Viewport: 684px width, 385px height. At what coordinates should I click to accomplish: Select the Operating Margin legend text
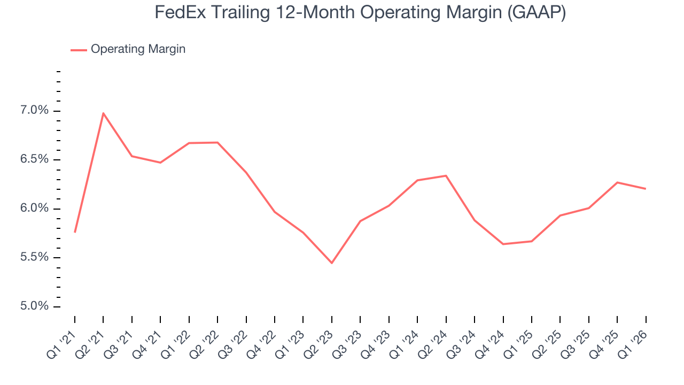(x=138, y=49)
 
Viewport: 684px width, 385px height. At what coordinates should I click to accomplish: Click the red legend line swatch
(x=79, y=50)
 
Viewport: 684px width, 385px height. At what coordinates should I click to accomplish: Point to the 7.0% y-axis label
(x=35, y=111)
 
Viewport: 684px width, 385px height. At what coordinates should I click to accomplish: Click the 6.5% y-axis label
(x=35, y=160)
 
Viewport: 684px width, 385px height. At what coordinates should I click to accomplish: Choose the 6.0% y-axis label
(x=35, y=209)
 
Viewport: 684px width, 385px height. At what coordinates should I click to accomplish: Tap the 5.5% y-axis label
(x=35, y=258)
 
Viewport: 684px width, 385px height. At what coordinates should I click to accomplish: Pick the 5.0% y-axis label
(x=35, y=306)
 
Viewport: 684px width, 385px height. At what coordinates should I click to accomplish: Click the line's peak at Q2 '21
(x=103, y=113)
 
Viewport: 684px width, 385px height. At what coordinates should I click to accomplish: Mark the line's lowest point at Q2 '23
(x=332, y=263)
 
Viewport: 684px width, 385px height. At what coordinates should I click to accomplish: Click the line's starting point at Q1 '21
(x=75, y=232)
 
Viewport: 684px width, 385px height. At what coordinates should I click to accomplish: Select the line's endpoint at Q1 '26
(x=646, y=189)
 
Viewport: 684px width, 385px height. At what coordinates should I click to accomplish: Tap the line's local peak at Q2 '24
(x=446, y=175)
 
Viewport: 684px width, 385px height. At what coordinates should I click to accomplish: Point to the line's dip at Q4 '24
(x=503, y=244)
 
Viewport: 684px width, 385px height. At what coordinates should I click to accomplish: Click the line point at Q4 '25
(x=617, y=182)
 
